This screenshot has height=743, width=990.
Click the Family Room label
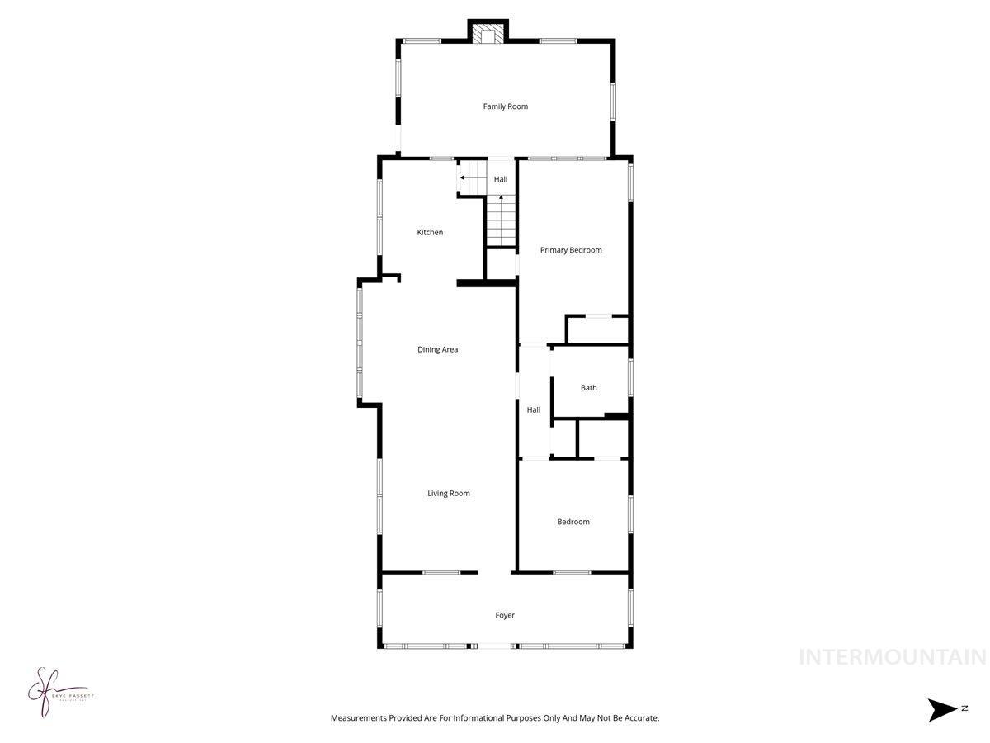pos(505,106)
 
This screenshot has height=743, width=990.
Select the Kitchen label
pos(430,233)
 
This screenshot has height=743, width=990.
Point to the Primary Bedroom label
pos(571,250)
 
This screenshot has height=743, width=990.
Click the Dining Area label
pos(437,350)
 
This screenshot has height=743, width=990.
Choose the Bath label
pos(588,388)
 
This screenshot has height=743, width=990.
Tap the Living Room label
pos(448,494)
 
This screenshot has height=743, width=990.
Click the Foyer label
pos(505,615)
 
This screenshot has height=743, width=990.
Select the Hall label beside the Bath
pos(534,410)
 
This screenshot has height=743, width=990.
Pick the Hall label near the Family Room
pos(501,179)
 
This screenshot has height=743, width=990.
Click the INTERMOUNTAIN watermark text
pos(893,658)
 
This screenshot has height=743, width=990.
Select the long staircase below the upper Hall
pos(501,221)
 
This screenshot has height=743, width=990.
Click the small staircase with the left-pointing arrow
pos(474,176)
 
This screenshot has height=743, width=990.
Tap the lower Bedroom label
pos(573,522)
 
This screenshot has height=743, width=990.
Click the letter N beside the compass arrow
pos(964,708)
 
